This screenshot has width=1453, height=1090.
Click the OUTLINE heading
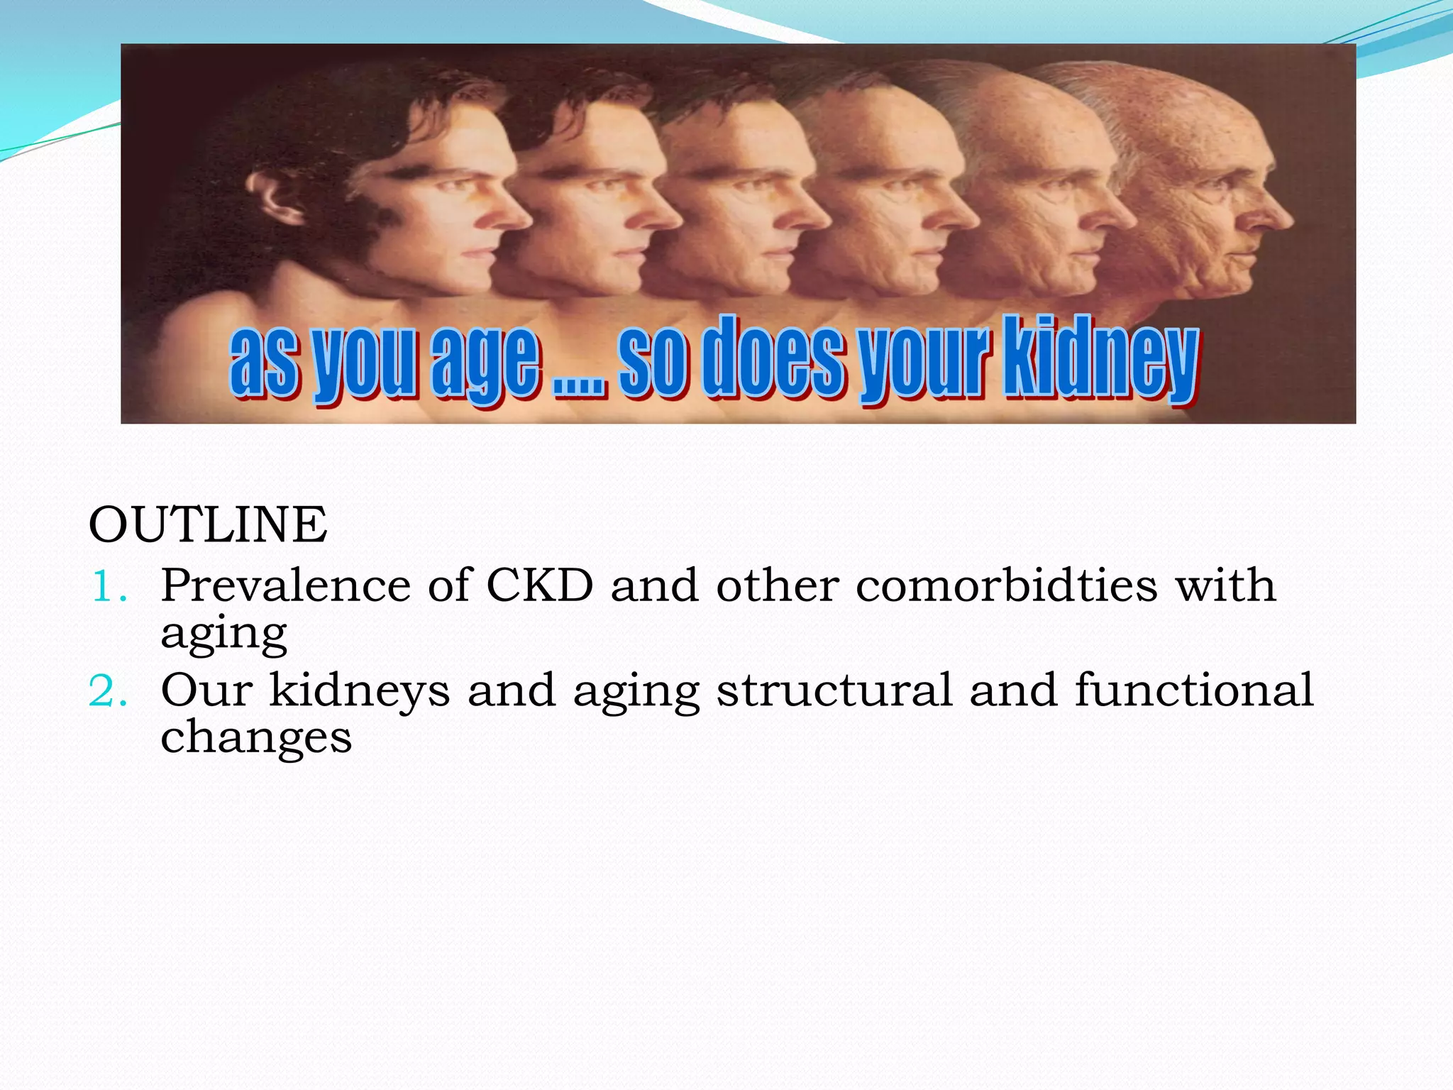click(208, 525)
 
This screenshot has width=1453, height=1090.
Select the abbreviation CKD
click(539, 586)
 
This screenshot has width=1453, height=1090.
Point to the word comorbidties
click(1006, 586)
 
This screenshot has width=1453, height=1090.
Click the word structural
click(834, 690)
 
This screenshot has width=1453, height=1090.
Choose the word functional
click(1193, 690)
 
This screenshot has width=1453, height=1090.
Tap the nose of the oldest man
click(1277, 213)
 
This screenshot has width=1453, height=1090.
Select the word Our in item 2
click(206, 690)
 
